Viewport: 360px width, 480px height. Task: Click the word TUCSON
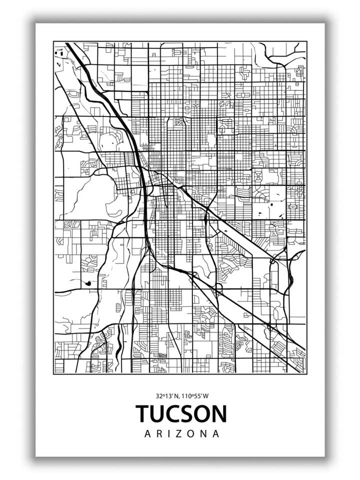point(181,413)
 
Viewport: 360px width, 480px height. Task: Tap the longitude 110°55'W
point(195,395)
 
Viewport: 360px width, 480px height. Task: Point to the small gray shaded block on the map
point(162,355)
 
